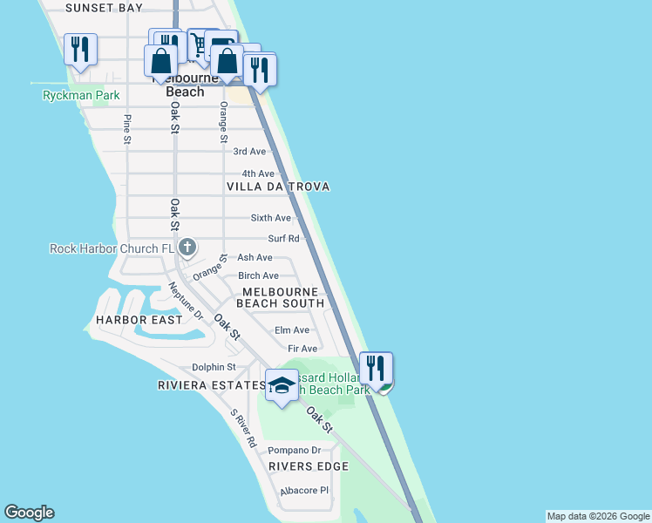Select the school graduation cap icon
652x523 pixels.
pos(282,385)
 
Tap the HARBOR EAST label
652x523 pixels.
pos(139,320)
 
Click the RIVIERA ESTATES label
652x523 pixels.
pos(211,385)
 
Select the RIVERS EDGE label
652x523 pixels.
pos(309,466)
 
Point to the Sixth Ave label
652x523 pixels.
pos(271,218)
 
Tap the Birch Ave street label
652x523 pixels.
pos(258,275)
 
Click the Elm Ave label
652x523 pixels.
pos(292,330)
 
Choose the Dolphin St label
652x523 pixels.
pos(214,368)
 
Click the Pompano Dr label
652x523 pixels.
pos(294,451)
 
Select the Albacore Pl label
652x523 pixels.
pos(303,491)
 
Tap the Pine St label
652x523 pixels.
pos(127,129)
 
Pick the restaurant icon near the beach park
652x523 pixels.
pos(376,369)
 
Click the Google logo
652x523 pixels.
pos(29,513)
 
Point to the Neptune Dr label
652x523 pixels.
pos(186,301)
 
